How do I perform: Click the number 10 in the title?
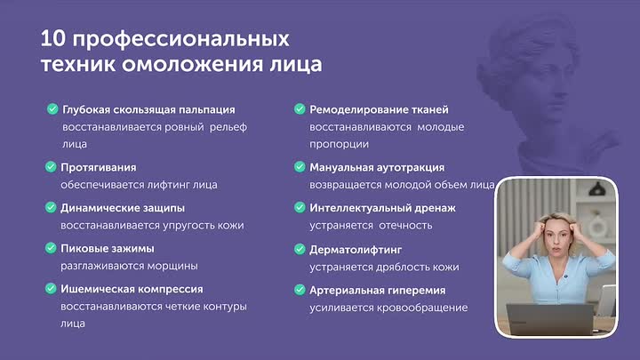tap(53, 39)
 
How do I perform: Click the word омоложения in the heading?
tap(193, 65)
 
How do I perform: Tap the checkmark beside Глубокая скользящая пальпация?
tap(52, 109)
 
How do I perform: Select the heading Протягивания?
tap(99, 167)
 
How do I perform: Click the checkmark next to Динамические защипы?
tap(51, 207)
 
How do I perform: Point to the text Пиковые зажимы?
tap(108, 248)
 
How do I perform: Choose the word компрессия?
tap(171, 289)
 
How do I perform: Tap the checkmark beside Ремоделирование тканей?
tap(300, 109)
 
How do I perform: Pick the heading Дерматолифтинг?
tap(356, 250)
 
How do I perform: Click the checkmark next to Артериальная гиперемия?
tap(300, 290)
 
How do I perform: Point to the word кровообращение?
tap(422, 308)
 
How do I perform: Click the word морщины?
tap(172, 266)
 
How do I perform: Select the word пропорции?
tap(340, 145)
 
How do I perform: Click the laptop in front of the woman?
tap(550, 319)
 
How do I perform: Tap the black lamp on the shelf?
tap(597, 188)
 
